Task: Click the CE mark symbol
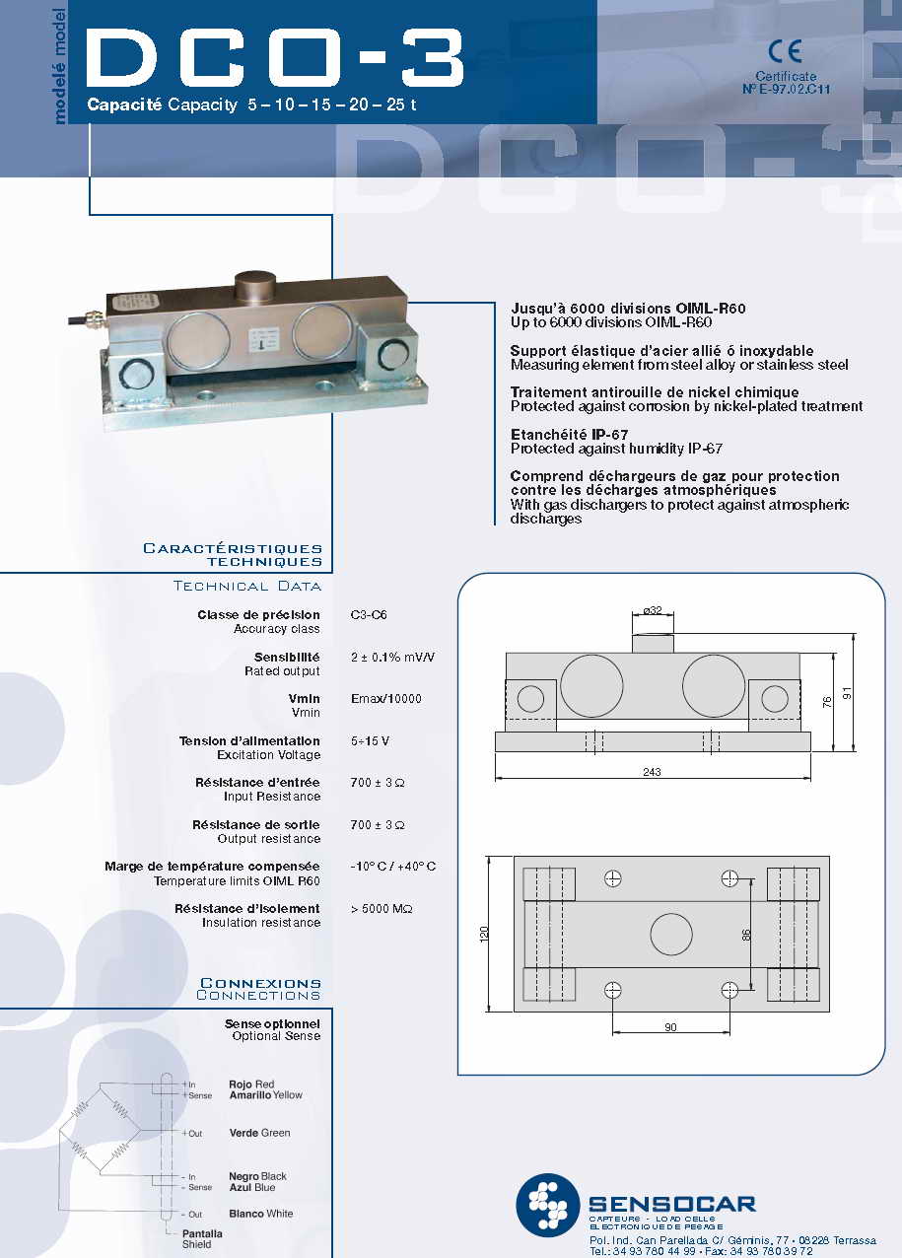[x=786, y=52]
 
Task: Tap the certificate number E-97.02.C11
[x=786, y=89]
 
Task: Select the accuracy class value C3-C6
[x=369, y=614]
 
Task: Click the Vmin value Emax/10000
[x=385, y=699]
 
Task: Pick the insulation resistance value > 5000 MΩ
[x=382, y=908]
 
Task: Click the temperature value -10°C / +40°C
[x=392, y=867]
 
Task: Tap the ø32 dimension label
[x=653, y=610]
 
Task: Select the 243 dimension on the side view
[x=652, y=772]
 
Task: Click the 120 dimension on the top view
[x=484, y=934]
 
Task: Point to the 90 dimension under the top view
[x=670, y=1027]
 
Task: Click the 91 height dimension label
[x=846, y=693]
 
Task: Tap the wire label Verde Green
[x=259, y=1133]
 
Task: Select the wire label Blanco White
[x=260, y=1214]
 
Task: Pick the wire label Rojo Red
[x=251, y=1084]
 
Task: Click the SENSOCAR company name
[x=671, y=1204]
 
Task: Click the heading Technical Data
[x=246, y=587]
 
